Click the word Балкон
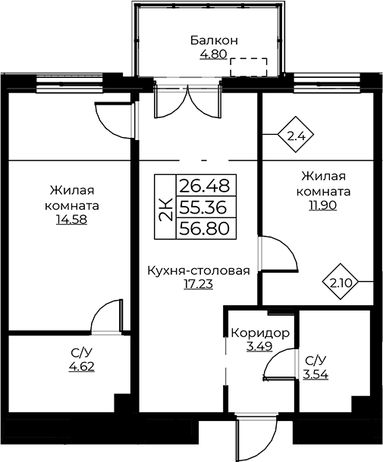(x=214, y=40)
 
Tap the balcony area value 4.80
(x=213, y=55)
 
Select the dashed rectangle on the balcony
(x=249, y=67)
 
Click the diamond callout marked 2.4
(x=295, y=134)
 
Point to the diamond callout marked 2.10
(x=341, y=282)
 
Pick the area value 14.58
(x=72, y=220)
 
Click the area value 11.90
(x=323, y=205)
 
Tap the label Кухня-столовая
(x=199, y=270)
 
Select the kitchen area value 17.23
(x=198, y=284)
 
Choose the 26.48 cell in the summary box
(x=205, y=186)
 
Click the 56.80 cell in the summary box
(x=205, y=228)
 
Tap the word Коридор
(x=260, y=333)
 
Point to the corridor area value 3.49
(x=259, y=347)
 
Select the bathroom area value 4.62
(x=82, y=367)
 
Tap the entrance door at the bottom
(x=256, y=436)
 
